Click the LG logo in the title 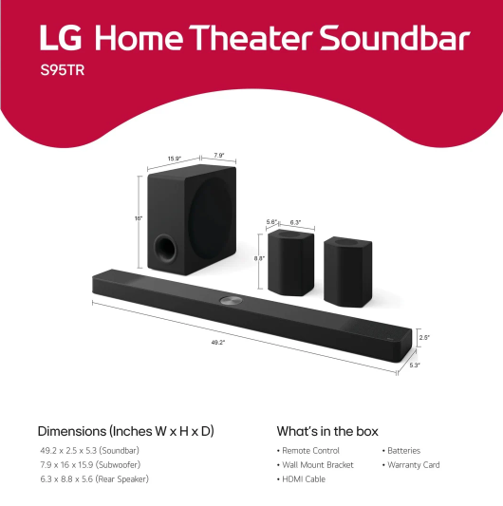63,40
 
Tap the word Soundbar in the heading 394,40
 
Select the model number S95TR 60,71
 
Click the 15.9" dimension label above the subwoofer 175,158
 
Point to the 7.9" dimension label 217,156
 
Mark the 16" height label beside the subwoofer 138,219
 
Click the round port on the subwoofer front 164,249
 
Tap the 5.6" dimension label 271,222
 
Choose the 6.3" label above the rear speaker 294,222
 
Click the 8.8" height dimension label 259,258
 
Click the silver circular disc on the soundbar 231,301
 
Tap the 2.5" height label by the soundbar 424,336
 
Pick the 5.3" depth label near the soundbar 414,364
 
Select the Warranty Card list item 414,465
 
